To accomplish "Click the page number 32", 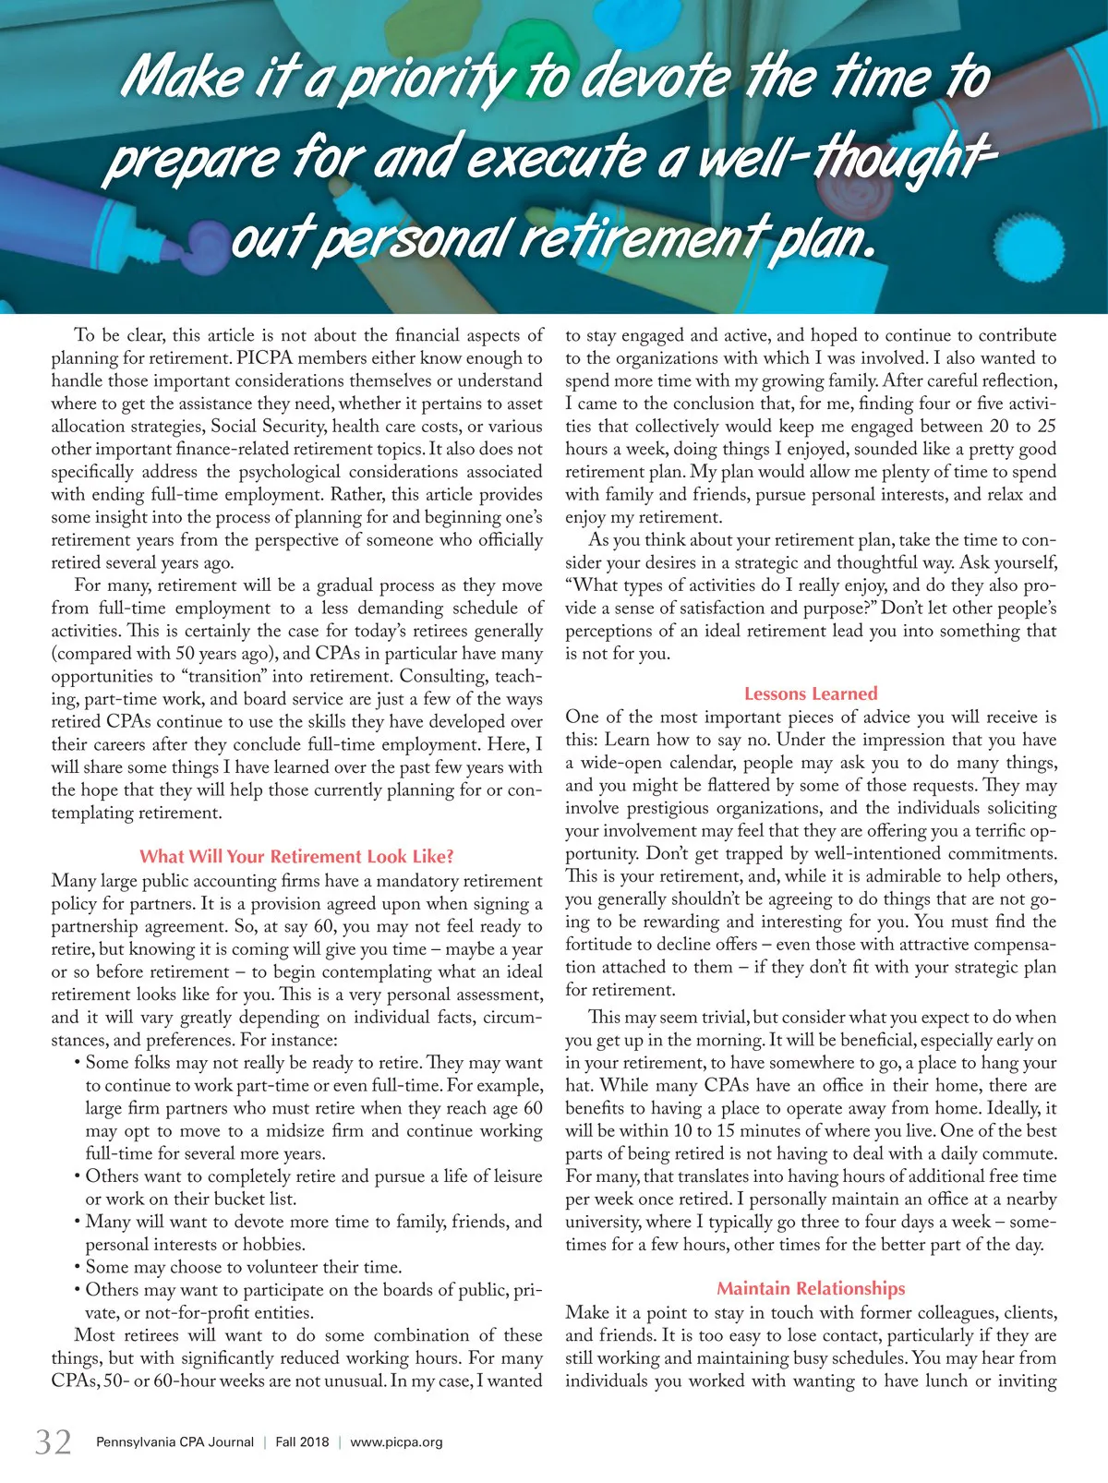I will pyautogui.click(x=53, y=1441).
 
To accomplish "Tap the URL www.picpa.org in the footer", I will pyautogui.click(x=397, y=1441).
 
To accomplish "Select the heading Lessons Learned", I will pyautogui.click(x=811, y=693).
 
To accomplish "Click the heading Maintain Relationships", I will pyautogui.click(x=811, y=1288).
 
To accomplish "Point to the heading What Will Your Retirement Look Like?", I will pyautogui.click(x=296, y=856).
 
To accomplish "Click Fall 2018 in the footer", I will pyautogui.click(x=302, y=1441).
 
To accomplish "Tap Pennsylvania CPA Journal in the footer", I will pyautogui.click(x=175, y=1441).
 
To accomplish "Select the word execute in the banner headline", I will pyautogui.click(x=555, y=157).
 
